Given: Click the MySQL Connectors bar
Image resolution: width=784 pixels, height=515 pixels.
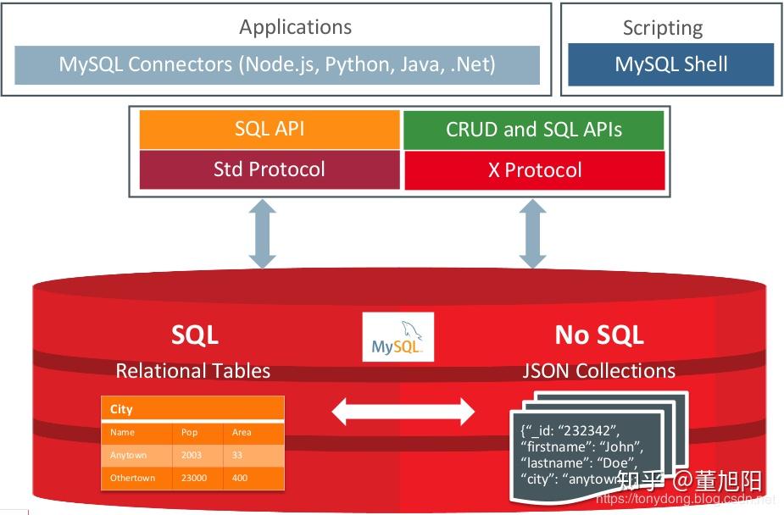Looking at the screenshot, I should click(277, 64).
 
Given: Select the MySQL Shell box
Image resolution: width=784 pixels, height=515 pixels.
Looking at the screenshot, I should click(670, 64).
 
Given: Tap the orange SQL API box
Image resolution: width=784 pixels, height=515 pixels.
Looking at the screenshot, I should click(269, 130).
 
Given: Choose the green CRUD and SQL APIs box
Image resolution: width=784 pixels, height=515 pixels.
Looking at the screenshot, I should click(534, 130).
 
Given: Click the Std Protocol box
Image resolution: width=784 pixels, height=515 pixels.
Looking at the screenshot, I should click(269, 169).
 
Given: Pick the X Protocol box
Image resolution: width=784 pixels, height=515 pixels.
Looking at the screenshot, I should click(534, 170).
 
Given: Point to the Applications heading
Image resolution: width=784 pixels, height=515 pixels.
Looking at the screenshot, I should click(295, 27).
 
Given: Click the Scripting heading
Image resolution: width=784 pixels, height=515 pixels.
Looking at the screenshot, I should click(662, 28).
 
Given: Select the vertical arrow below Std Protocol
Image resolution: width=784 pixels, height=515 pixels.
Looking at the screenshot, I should click(264, 234).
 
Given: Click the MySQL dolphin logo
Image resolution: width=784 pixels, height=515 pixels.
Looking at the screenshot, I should click(398, 337).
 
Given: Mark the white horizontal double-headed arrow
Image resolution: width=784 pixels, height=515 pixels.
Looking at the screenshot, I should click(403, 412).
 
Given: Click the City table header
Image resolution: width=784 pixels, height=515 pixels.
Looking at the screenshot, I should click(122, 409).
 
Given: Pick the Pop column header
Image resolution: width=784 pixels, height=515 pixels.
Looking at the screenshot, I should click(189, 432).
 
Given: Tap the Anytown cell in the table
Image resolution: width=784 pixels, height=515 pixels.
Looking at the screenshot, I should click(129, 455).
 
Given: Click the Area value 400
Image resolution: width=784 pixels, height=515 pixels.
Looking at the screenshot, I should click(240, 478).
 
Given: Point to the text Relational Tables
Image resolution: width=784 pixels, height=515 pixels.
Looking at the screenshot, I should click(193, 370).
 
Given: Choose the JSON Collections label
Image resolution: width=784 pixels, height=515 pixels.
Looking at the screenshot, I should click(599, 370).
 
